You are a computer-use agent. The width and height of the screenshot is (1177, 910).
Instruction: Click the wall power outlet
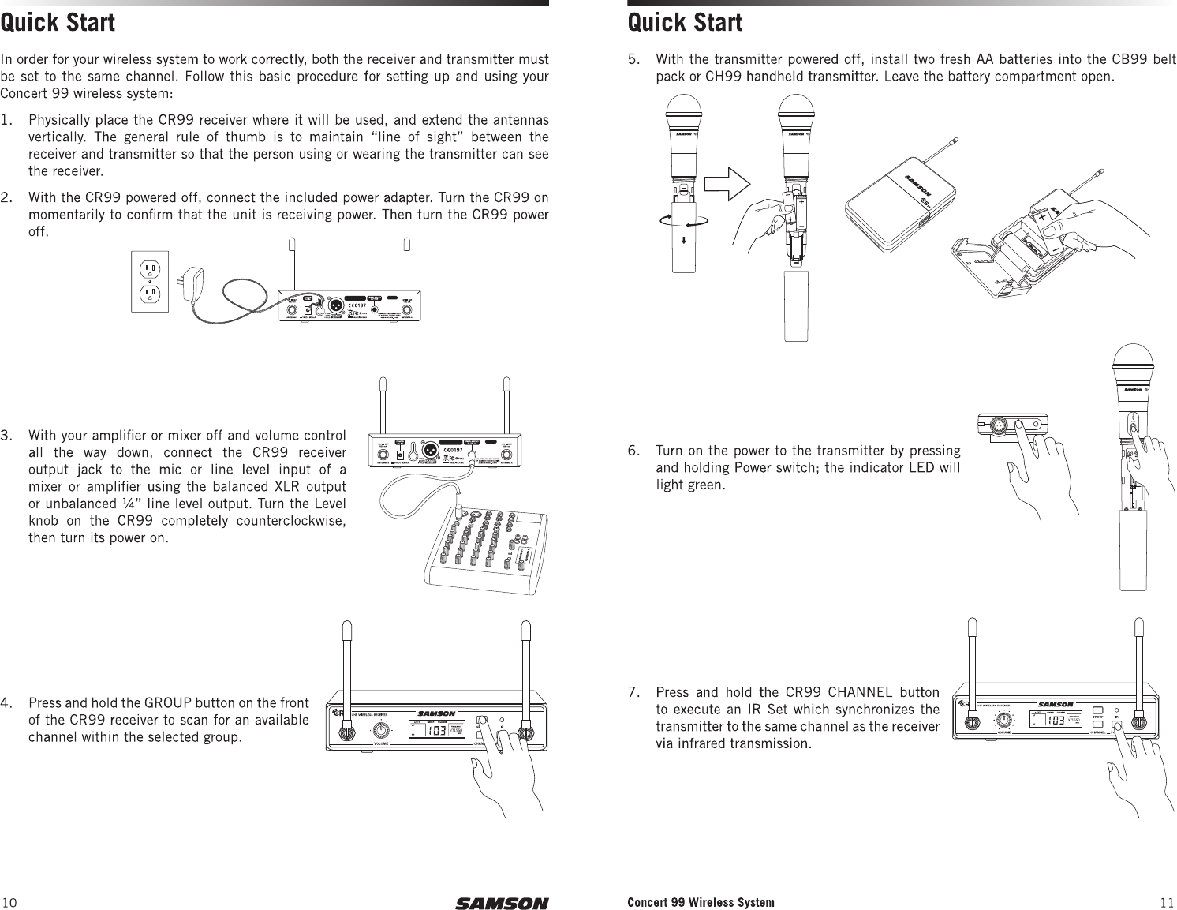[x=150, y=283]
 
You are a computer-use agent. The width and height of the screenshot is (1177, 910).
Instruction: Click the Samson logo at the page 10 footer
[x=501, y=903]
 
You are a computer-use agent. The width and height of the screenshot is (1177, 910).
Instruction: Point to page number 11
[x=1167, y=903]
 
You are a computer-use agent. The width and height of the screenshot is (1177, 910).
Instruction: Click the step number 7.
[x=633, y=694]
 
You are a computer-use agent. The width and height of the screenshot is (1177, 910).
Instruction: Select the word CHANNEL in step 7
[x=845, y=694]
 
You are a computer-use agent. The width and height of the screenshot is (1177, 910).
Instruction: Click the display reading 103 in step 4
[x=435, y=730]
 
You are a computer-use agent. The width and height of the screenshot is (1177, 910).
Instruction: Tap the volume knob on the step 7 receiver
[x=1004, y=721]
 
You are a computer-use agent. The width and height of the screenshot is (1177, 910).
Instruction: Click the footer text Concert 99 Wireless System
[x=701, y=902]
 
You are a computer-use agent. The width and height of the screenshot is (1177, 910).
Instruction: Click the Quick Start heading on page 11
[x=685, y=23]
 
